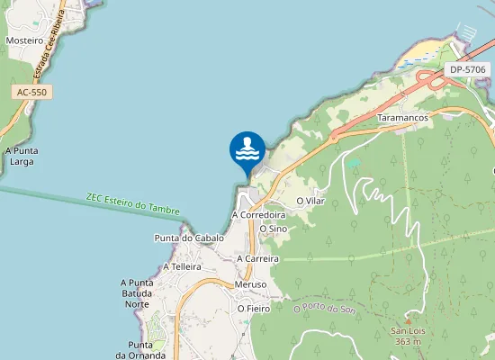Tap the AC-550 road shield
point(31,92)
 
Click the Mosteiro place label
point(24,40)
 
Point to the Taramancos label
point(401,118)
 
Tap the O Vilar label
point(310,201)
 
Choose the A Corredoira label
point(258,216)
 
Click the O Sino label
point(273,229)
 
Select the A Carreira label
point(257,258)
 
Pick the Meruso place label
point(250,284)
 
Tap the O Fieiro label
point(254,309)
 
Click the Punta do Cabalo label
point(189,238)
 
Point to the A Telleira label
point(182,267)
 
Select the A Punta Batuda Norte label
point(137,293)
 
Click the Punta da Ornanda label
point(140,350)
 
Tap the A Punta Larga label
point(20,157)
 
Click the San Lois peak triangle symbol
point(408,320)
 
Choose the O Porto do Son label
point(326,309)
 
